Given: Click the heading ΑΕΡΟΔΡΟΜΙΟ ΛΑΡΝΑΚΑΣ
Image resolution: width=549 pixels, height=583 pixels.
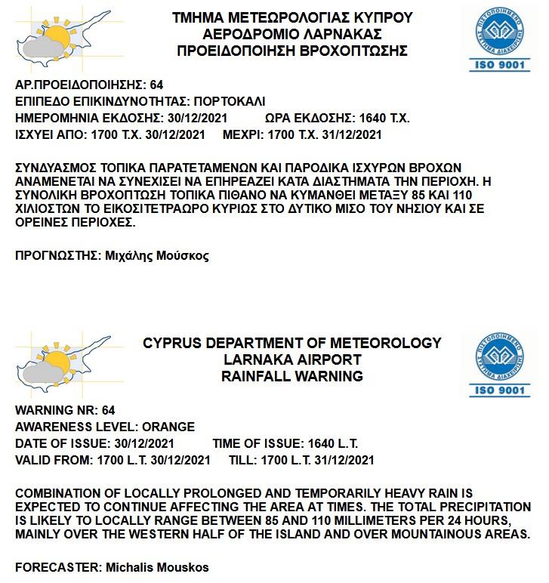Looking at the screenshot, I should (292, 34).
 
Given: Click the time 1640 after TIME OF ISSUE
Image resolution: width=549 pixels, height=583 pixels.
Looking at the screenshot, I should (322, 443).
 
